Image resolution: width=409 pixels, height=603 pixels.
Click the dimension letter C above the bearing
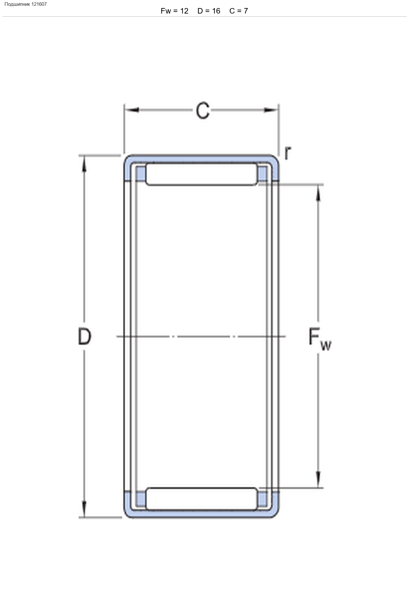pos(203,110)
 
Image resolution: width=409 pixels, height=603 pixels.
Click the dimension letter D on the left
pos(85,336)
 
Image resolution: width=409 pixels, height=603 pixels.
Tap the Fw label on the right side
pos(320,339)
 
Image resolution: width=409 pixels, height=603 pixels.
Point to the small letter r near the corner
pos(288,153)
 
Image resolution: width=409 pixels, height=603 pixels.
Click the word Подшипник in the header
pos(17,4)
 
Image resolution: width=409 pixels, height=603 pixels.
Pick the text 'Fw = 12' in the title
pos(175,11)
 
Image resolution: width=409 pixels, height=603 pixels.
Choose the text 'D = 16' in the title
pos(209,11)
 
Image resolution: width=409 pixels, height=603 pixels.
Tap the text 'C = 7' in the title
pos(239,11)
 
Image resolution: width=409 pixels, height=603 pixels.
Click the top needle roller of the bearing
pos(202,174)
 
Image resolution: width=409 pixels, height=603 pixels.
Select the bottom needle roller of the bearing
pos(202,499)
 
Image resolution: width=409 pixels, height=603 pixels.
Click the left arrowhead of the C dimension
pos(132,110)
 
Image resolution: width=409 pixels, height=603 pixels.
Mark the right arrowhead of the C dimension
pos(271,110)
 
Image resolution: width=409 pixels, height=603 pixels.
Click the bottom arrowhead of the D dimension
pos(85,509)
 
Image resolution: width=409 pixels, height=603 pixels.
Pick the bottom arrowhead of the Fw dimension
pos(318,479)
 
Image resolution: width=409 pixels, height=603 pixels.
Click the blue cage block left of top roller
pos(141,174)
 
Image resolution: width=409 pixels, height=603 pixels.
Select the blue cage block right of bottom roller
pos(263,499)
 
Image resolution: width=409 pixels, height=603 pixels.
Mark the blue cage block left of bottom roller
pos(141,499)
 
